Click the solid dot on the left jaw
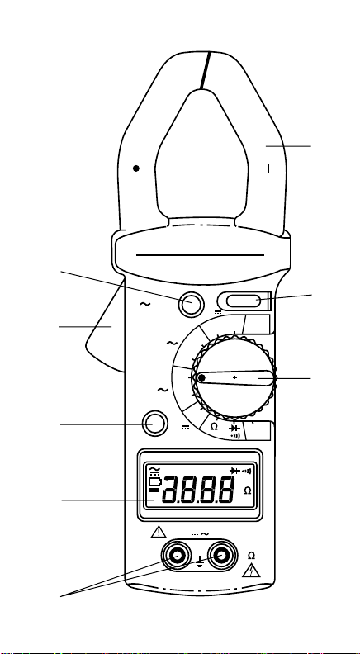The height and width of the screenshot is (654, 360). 136,168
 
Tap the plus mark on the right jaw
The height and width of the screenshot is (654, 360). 269,168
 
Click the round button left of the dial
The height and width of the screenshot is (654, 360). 154,424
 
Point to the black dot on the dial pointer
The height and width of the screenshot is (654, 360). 202,378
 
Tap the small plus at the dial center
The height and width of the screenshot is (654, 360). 234,377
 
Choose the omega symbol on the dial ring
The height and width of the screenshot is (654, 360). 214,427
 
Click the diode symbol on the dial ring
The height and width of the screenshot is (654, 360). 234,428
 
